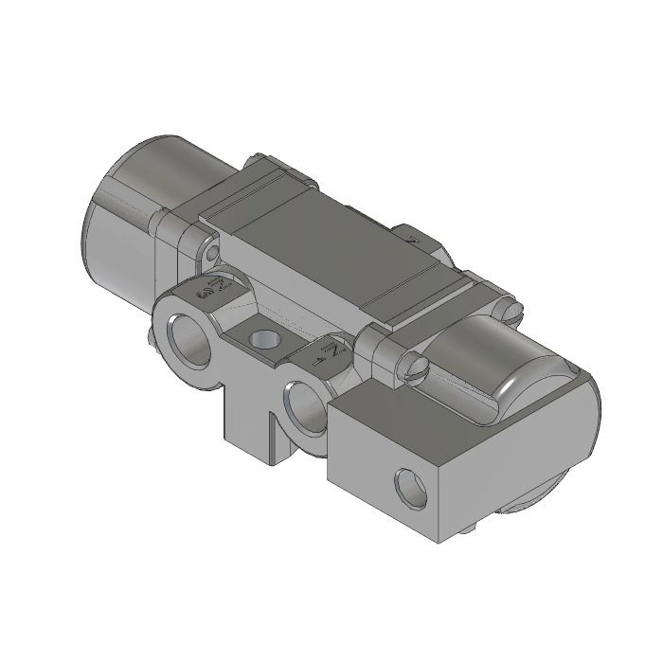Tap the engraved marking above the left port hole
209,287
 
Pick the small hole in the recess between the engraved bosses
261,338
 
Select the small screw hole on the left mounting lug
211,252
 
